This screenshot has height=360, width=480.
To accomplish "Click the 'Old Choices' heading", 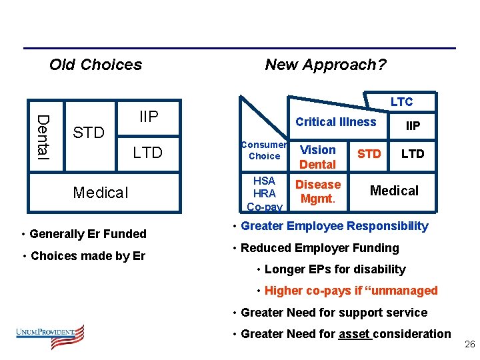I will [95, 65].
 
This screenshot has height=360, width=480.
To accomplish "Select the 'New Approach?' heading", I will [325, 65].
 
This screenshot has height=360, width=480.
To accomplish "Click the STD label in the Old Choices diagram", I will [89, 133].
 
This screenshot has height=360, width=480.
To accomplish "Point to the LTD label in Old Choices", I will [147, 153].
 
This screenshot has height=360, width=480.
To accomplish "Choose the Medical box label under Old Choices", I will [101, 193].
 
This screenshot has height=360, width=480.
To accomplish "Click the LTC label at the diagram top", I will [401, 101].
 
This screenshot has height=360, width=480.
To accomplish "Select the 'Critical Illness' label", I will [336, 121].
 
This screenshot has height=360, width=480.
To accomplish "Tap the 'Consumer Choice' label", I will [264, 150].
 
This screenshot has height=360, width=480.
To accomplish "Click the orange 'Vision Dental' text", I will [317, 157].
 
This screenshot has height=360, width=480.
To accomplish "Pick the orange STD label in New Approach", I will [369, 154].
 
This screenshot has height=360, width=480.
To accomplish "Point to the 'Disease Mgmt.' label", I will [318, 191].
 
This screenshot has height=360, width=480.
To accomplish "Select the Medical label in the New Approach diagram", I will [394, 191].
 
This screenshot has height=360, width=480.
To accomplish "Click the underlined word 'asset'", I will [354, 333].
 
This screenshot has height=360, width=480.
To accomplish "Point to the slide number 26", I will [469, 344].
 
